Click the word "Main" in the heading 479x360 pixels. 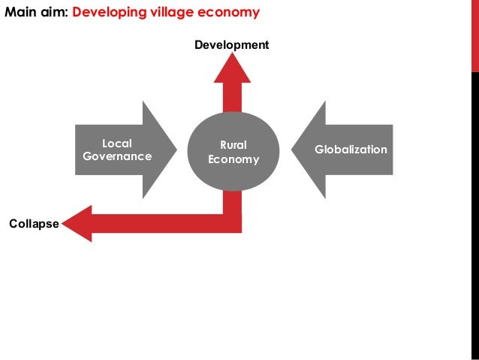tap(20, 13)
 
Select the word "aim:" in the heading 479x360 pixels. tap(55, 13)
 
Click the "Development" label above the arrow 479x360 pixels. tap(231, 46)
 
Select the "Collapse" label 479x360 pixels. tap(34, 223)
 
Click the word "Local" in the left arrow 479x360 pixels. tap(116, 144)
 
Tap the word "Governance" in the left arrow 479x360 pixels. tap(116, 157)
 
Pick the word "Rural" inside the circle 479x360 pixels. tap(233, 145)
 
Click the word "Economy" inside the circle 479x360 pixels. tap(233, 159)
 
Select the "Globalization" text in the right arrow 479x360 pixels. tap(351, 150)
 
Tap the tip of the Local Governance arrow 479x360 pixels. tap(174, 150)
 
